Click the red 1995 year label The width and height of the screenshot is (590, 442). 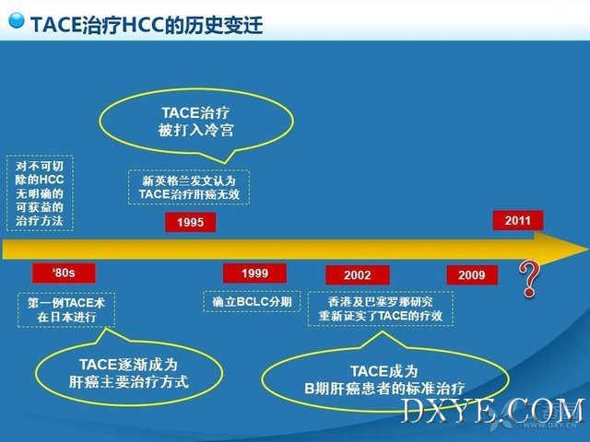191,222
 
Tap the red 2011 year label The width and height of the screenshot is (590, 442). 518,220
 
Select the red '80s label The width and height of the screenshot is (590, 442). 64,273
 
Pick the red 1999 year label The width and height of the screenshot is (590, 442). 254,273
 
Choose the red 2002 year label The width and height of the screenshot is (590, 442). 358,275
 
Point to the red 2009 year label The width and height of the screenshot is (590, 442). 472,275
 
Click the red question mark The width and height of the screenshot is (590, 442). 529,279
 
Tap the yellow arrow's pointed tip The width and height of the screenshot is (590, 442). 588,249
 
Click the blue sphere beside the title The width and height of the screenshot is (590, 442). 17,20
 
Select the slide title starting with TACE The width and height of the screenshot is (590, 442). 147,25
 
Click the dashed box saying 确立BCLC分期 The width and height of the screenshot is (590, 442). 252,302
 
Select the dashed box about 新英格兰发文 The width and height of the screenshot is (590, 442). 189,187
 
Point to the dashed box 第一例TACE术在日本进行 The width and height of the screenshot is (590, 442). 66,310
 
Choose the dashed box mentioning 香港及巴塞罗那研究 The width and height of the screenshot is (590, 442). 381,308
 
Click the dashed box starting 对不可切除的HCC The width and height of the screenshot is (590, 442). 40,193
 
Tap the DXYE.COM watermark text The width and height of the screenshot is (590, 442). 493,411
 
